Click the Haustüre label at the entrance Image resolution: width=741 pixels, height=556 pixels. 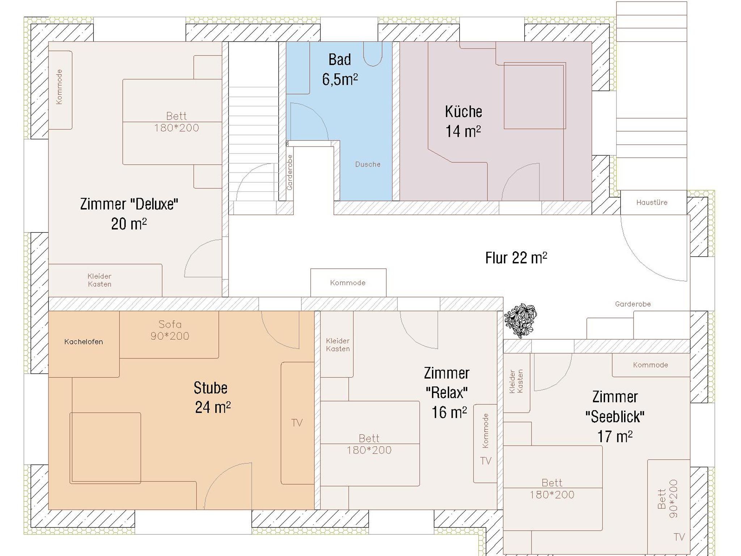pyautogui.click(x=652, y=202)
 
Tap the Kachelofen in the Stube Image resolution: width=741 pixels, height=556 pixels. pyautogui.click(x=84, y=344)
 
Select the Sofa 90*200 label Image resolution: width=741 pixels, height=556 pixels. pyautogui.click(x=170, y=330)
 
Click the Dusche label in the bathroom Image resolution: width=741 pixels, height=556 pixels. pyautogui.click(x=368, y=164)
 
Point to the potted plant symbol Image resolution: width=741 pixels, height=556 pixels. pyautogui.click(x=520, y=320)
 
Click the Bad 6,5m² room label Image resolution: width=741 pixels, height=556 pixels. pyautogui.click(x=340, y=69)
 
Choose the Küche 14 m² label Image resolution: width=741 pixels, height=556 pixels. pyautogui.click(x=463, y=121)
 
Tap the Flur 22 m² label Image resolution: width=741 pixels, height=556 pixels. pyautogui.click(x=516, y=258)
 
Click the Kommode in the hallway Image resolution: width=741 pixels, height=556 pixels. pyautogui.click(x=348, y=283)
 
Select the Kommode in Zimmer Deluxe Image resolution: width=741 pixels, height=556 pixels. pyautogui.click(x=60, y=90)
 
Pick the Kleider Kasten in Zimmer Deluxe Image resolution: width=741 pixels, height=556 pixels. pyautogui.click(x=105, y=280)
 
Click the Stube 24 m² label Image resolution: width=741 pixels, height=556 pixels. pyautogui.click(x=212, y=397)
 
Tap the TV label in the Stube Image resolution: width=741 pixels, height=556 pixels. pyautogui.click(x=297, y=423)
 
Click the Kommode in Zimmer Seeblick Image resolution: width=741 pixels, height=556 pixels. pyautogui.click(x=651, y=365)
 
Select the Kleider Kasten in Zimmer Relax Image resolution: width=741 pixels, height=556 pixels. pyautogui.click(x=337, y=345)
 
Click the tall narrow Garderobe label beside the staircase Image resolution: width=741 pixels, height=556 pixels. pyautogui.click(x=289, y=173)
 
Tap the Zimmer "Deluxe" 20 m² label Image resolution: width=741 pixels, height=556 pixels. pyautogui.click(x=129, y=214)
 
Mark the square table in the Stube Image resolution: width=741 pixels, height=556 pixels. pyautogui.click(x=105, y=448)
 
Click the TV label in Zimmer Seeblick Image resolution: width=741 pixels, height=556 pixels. pyautogui.click(x=679, y=537)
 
